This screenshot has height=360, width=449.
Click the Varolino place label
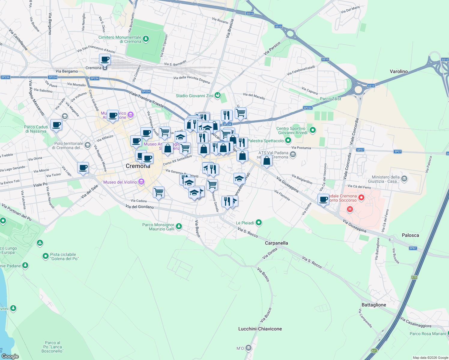click(x=399, y=71)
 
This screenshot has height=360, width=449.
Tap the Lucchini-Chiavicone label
click(x=260, y=329)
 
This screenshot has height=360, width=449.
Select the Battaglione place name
click(x=374, y=305)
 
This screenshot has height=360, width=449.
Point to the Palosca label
click(x=410, y=235)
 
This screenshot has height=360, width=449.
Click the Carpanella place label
click(x=276, y=243)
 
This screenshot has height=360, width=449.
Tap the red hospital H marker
click(x=350, y=209)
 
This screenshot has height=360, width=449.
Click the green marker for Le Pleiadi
click(x=259, y=223)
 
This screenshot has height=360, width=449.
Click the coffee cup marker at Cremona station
click(x=105, y=59)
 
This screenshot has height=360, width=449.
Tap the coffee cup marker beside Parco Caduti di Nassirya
click(x=56, y=124)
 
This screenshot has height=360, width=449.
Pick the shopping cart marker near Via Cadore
click(x=158, y=192)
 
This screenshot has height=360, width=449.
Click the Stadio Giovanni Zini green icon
click(x=218, y=96)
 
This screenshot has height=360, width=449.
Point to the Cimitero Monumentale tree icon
click(x=146, y=39)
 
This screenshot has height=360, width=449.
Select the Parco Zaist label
click(x=330, y=99)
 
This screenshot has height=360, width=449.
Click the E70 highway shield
click(x=414, y=277)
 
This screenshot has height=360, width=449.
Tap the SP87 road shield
click(x=413, y=248)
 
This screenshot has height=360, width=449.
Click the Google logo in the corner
click(x=10, y=356)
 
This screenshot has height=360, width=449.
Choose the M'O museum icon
click(x=248, y=348)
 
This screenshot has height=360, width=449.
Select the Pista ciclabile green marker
click(x=46, y=256)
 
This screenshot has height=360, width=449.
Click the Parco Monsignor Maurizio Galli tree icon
click(x=179, y=226)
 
